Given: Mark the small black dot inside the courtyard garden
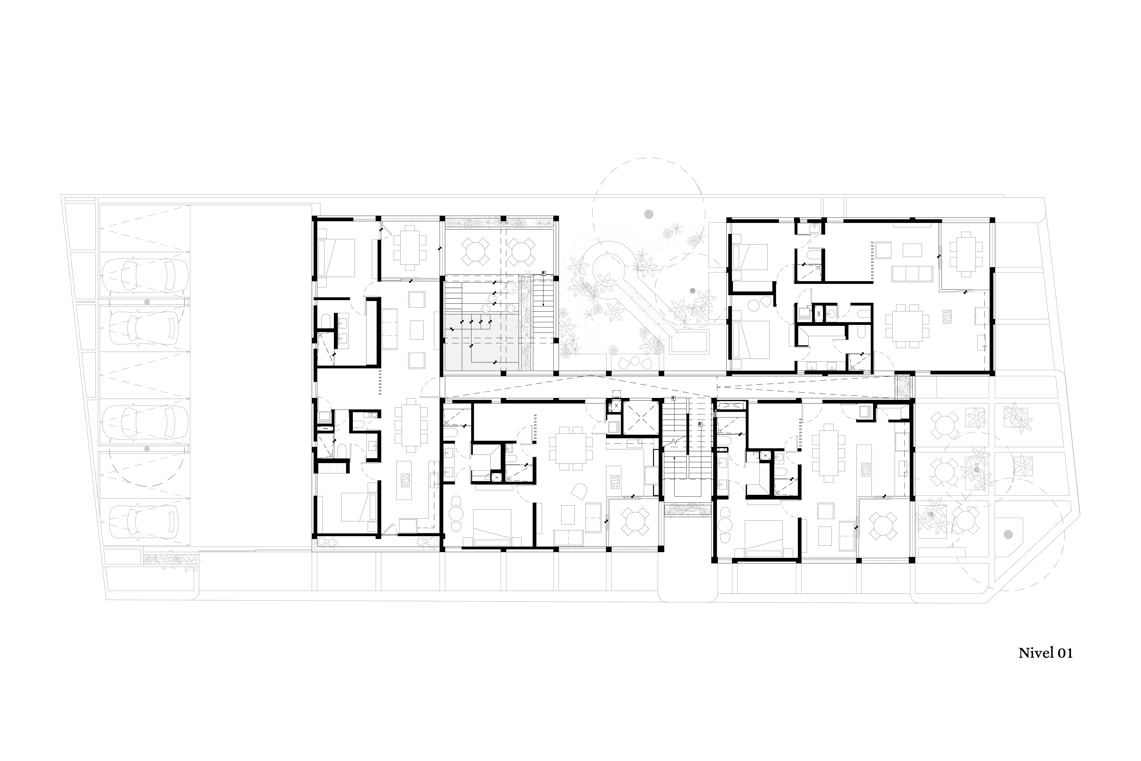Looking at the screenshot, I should pyautogui.click(x=692, y=291).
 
